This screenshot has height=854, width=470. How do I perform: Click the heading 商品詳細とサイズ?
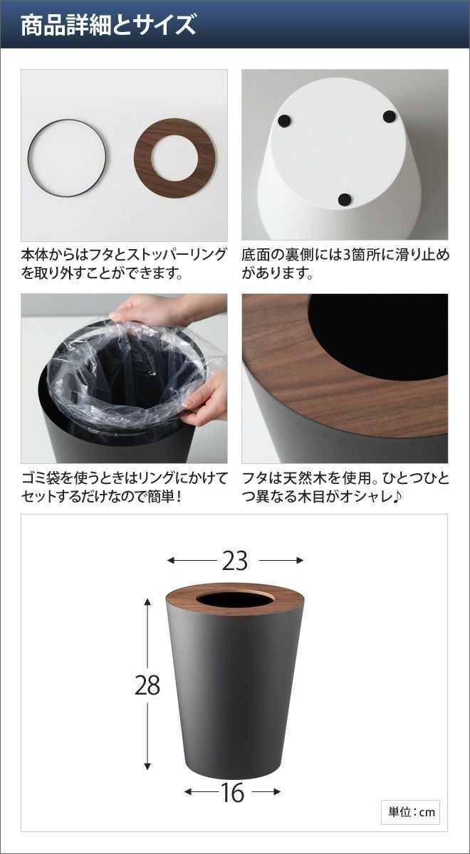pyautogui.click(x=108, y=26)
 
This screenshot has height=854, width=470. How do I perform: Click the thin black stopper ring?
pyautogui.click(x=28, y=158)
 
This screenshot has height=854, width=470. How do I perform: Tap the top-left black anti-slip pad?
pyautogui.click(x=284, y=121)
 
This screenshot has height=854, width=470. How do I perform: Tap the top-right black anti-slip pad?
pyautogui.click(x=389, y=116)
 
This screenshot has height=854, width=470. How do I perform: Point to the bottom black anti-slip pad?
pyautogui.click(x=345, y=199)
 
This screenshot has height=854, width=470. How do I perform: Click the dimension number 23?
pyautogui.click(x=234, y=561)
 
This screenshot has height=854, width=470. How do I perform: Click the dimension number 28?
pyautogui.click(x=147, y=685)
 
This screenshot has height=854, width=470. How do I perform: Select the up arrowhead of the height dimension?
pyautogui.click(x=147, y=602)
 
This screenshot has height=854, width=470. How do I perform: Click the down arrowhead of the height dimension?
pyautogui.click(x=147, y=776)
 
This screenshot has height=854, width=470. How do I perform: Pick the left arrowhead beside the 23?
pyautogui.click(x=172, y=561)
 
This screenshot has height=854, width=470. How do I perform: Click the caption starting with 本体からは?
pyautogui.click(x=124, y=264)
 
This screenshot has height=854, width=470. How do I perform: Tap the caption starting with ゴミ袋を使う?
pyautogui.click(x=125, y=487)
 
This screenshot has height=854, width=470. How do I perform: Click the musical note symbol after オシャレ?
pyautogui.click(x=397, y=497)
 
